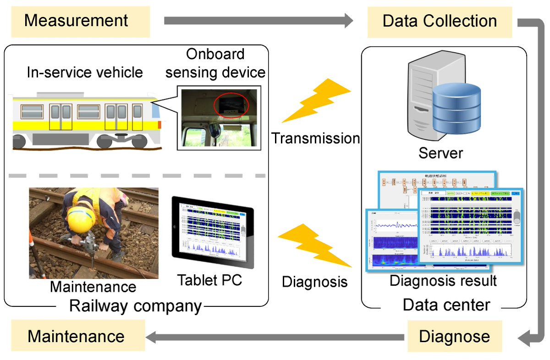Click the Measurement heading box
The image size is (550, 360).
click(80, 21)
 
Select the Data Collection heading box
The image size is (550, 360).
click(440, 21)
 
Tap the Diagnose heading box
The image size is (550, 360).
click(454, 336)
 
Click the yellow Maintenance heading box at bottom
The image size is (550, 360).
click(77, 336)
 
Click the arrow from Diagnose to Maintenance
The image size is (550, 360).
click(275, 338)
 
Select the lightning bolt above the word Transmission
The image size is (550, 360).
click(316, 103)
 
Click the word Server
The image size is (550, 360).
click(440, 153)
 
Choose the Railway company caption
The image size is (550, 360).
click(135, 305)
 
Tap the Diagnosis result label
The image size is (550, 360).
click(443, 280)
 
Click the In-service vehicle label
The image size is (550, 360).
click(85, 72)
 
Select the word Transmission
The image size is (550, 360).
click(315, 138)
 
